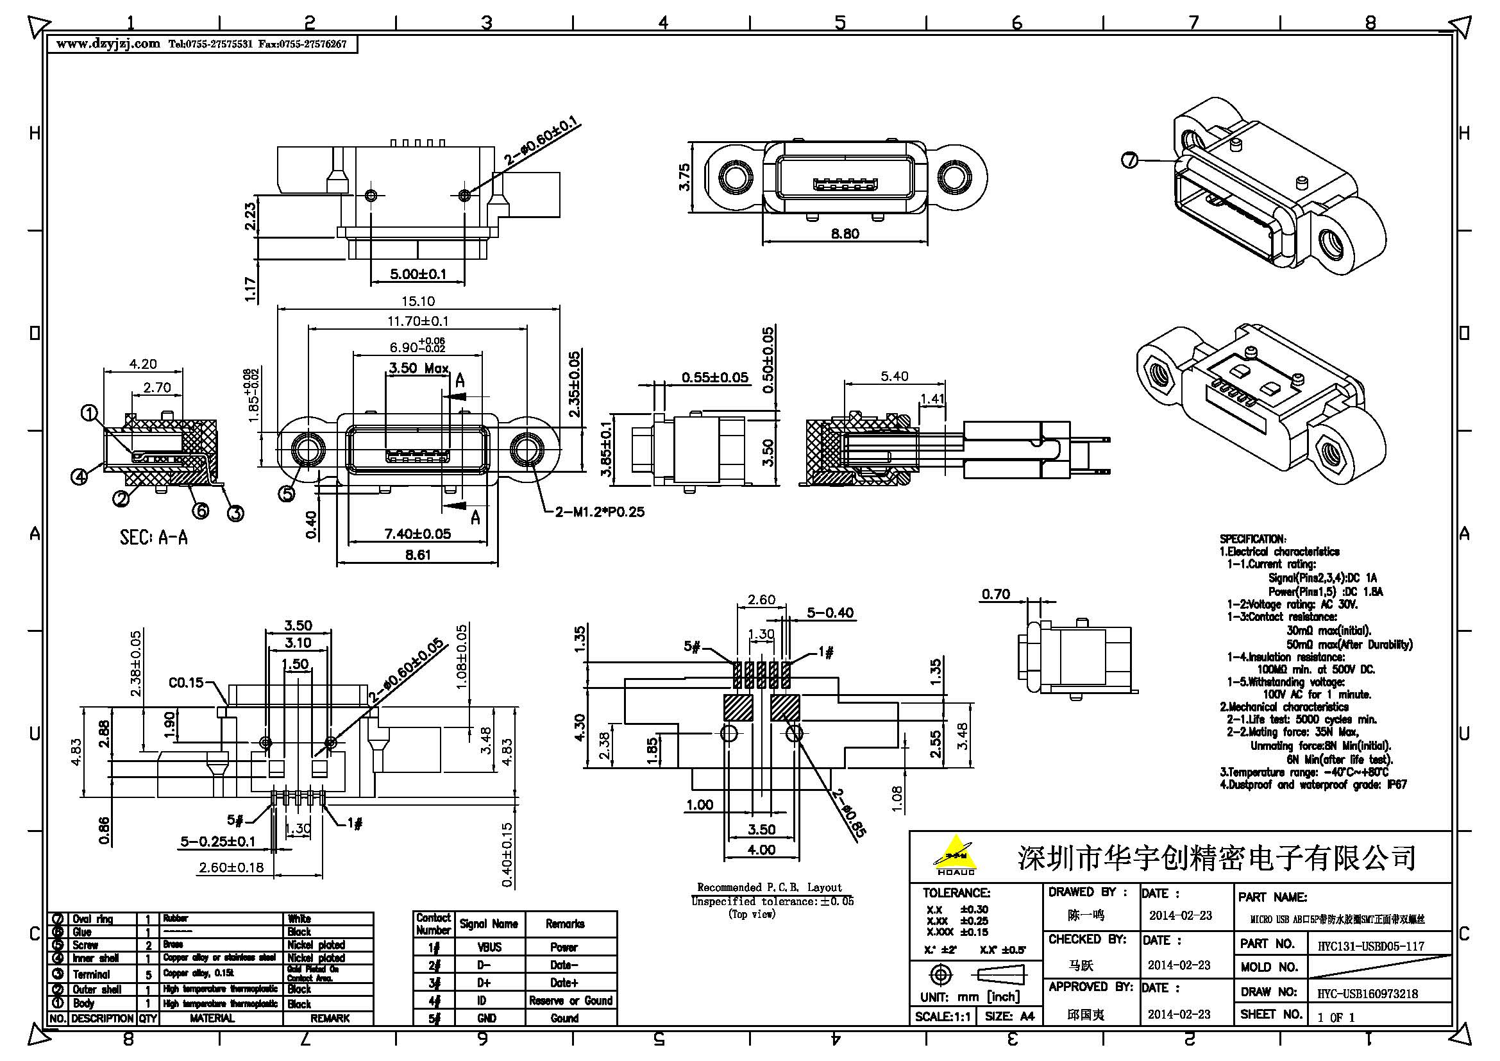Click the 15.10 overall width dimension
[x=418, y=301]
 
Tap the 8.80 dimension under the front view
[x=845, y=233]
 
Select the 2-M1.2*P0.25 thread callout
[x=599, y=512]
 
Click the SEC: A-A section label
[x=153, y=538]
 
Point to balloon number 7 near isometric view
[x=1129, y=160]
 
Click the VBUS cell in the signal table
[x=489, y=947]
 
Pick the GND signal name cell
[x=487, y=1018]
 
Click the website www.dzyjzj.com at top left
[x=108, y=44]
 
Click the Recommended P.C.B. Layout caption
[x=769, y=887]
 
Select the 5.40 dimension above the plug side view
[x=894, y=377]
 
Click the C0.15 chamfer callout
[x=186, y=683]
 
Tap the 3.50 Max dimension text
[x=418, y=368]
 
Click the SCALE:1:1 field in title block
[x=943, y=1017]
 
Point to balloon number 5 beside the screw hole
[x=287, y=494]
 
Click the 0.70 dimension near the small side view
[x=995, y=594]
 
